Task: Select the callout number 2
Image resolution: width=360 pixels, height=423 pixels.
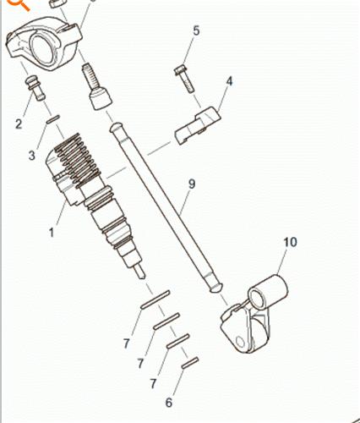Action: [19, 125]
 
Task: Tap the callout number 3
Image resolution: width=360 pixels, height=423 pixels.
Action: [32, 155]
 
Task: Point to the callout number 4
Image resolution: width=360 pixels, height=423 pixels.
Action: [228, 81]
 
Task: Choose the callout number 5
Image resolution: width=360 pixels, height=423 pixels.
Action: [196, 31]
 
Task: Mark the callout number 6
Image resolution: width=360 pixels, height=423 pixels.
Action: [169, 401]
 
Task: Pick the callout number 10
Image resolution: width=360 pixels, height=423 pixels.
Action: [289, 243]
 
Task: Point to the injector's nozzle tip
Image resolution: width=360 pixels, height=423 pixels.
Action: [140, 272]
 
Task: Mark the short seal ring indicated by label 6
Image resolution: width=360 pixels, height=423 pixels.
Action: [189, 364]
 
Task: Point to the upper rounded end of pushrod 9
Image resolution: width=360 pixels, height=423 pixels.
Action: [115, 127]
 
